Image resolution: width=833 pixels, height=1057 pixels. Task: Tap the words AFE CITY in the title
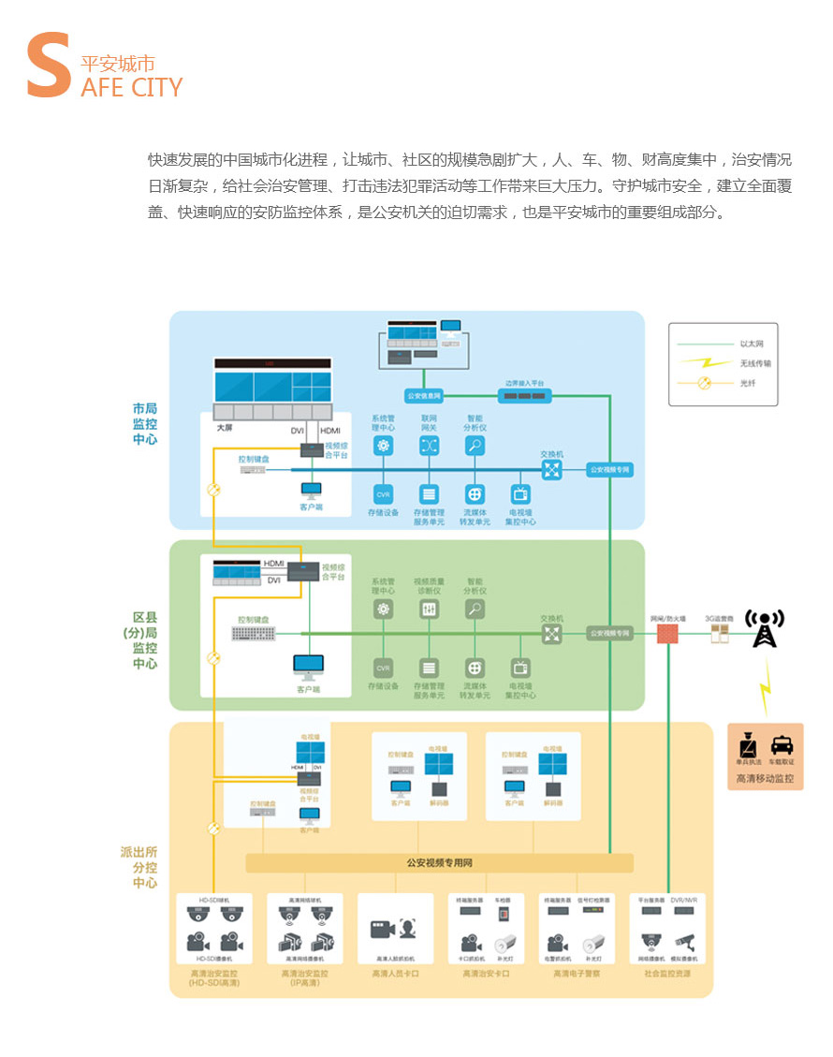tap(132, 88)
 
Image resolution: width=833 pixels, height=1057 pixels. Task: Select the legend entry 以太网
tap(750, 344)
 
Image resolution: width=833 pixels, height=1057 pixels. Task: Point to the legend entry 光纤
tap(747, 382)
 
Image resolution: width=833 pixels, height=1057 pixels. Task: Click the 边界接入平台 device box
tap(524, 396)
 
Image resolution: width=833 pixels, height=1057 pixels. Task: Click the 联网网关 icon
tap(429, 447)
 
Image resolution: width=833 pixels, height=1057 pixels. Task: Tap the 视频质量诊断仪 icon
tap(429, 609)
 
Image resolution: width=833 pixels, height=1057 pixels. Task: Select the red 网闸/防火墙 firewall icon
tap(668, 634)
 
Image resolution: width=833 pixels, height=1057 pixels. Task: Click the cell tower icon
tap(765, 629)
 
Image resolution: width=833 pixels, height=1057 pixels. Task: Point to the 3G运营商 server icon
tap(719, 634)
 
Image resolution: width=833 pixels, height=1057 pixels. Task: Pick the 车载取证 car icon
tap(782, 745)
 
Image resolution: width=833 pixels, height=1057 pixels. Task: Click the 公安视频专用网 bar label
tap(439, 862)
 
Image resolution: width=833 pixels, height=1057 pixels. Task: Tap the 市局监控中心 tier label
tap(144, 423)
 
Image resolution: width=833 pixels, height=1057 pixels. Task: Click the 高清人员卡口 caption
tap(395, 974)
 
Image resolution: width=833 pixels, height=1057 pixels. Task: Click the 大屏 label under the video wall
tap(224, 429)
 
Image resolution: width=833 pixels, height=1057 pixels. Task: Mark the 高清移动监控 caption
tap(765, 778)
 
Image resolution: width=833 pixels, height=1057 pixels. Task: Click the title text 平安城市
tap(117, 65)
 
